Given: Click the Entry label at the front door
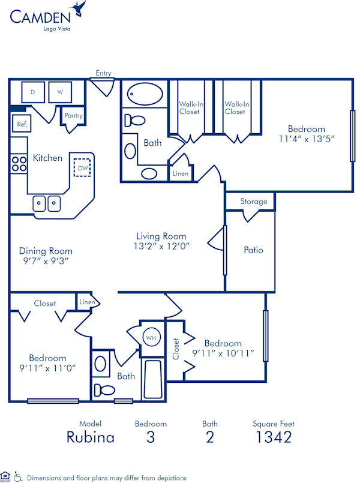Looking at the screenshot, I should tap(103, 73).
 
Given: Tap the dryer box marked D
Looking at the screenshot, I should tap(32, 92).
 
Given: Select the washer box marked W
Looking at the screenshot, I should tap(60, 92).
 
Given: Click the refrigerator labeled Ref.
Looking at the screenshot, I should tap(22, 124).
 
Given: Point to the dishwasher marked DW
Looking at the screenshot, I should tap(82, 167).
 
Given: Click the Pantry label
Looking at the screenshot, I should tap(73, 116).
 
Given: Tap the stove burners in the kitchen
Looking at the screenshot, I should tap(19, 164).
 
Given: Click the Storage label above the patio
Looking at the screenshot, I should tap(253, 202).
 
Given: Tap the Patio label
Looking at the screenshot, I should tap(253, 250).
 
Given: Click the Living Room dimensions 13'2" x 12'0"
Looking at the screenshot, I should tap(161, 246).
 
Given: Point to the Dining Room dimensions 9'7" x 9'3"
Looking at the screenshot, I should tap(46, 261).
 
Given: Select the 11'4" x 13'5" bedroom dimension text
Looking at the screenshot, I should tap(306, 138).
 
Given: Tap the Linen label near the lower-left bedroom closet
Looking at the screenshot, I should tap(87, 302).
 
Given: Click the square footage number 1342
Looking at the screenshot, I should tap(273, 437).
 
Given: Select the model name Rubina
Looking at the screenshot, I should tap(90, 437).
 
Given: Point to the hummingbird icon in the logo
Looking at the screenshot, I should tap(79, 8).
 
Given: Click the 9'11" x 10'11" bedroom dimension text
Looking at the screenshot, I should tap(223, 353).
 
